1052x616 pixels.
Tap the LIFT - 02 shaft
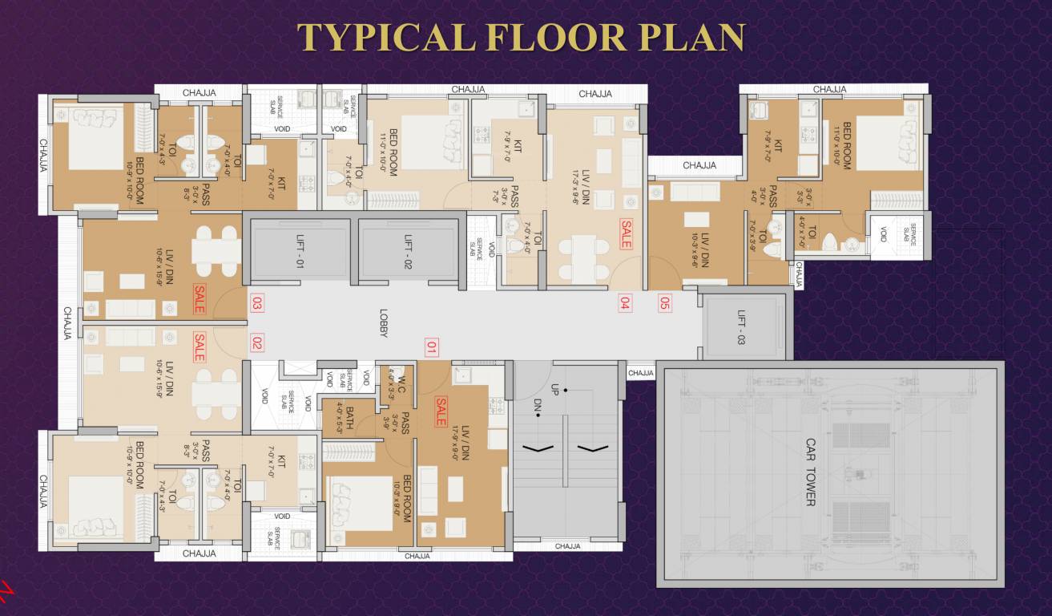(407, 249)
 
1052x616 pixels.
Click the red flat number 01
(432, 348)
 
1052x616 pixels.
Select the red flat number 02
(257, 342)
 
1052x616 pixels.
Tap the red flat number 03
(257, 303)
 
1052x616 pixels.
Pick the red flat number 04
(625, 303)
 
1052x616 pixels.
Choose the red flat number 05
(664, 303)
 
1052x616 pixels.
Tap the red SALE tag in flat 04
(626, 234)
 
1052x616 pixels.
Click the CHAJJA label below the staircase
(567, 546)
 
